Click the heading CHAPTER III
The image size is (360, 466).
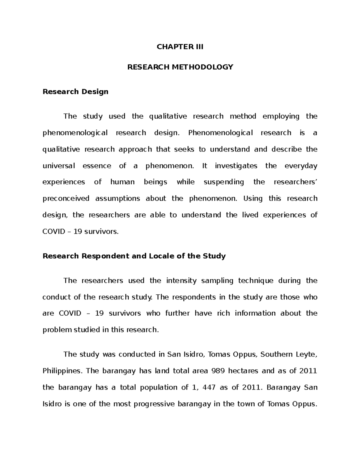[x=180, y=47]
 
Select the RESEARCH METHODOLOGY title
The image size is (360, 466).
[x=180, y=67]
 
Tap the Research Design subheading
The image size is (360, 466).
[x=75, y=92]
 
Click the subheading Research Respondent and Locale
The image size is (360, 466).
[x=134, y=256]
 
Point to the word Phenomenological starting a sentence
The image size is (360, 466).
[x=220, y=133]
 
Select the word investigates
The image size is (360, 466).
[x=236, y=166]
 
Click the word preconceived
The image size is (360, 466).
[x=66, y=199]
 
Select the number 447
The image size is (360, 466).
[x=209, y=387]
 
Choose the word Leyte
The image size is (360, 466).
[x=306, y=354]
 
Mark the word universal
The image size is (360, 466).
[x=59, y=166]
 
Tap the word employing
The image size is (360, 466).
[x=281, y=116]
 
